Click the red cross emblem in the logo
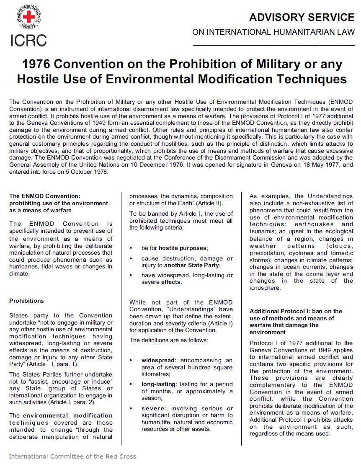pyautogui.click(x=29, y=18)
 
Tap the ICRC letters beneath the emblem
pyautogui.click(x=28, y=39)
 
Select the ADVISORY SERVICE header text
pyautogui.click(x=302, y=17)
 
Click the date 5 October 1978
pyautogui.click(x=83, y=172)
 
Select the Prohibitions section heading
pyautogui.click(x=26, y=301)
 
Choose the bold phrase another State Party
pyautogui.click(x=192, y=266)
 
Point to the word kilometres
pyautogui.click(x=156, y=374)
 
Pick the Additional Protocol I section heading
pyautogui.click(x=296, y=321)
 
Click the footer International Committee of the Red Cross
pyautogui.click(x=72, y=456)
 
